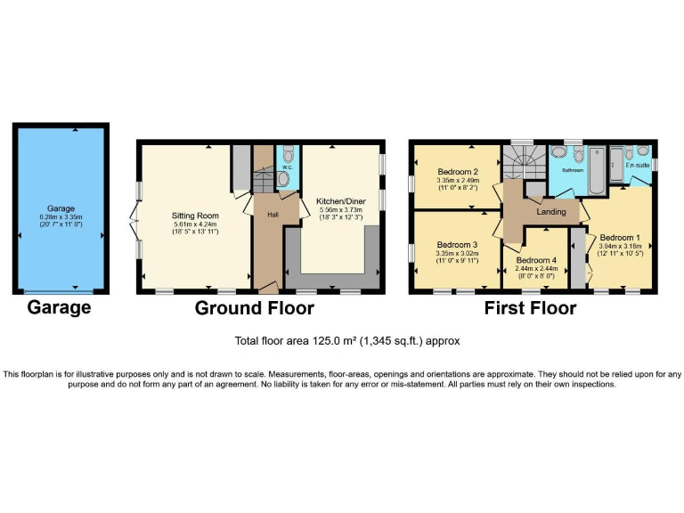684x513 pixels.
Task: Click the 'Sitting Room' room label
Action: coord(195,215)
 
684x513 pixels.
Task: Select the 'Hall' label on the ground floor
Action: coord(264,213)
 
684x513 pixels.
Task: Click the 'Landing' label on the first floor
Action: coord(552,211)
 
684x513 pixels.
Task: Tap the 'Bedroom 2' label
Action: coord(459,172)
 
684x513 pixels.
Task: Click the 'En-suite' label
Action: coord(637,166)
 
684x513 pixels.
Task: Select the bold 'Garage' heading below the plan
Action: coord(59,308)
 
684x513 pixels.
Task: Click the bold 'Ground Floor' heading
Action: coord(255,308)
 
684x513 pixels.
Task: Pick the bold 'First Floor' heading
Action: coord(530,308)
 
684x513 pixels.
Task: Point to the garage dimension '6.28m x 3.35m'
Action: coord(60,216)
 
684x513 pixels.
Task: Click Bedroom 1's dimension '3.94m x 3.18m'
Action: coord(619,246)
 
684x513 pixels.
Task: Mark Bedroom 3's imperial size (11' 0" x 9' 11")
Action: coord(458,261)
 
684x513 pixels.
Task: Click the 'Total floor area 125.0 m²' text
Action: coord(347,341)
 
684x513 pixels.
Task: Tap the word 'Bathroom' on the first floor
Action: coord(572,169)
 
